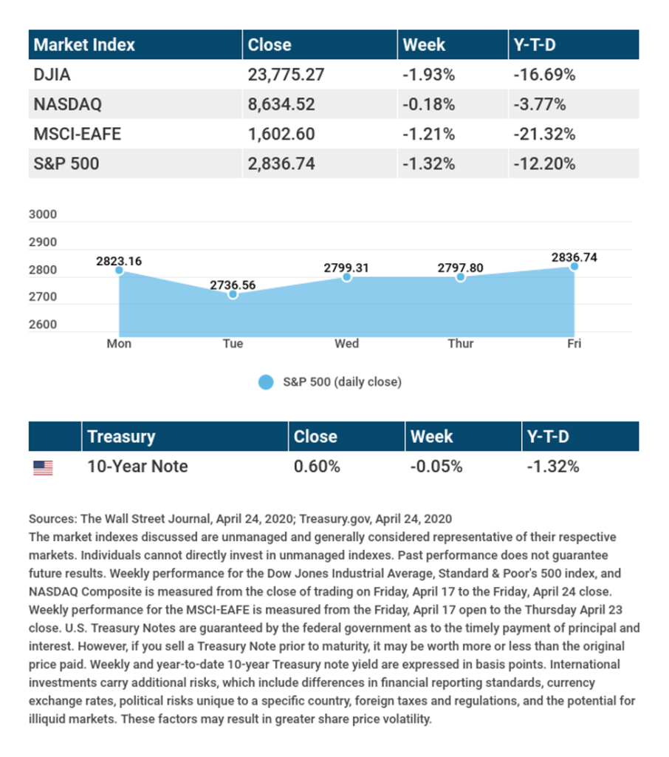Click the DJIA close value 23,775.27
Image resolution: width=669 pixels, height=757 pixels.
pos(286,75)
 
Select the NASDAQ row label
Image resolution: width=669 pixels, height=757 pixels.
pos(68,104)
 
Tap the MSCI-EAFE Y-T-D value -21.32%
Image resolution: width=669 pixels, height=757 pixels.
pos(543,134)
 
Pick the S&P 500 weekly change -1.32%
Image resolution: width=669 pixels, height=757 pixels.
pos(428,163)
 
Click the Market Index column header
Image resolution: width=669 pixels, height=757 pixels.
pos(85,45)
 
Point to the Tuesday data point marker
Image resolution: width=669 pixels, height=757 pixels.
pos(233,294)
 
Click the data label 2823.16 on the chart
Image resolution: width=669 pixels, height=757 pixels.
pos(118,260)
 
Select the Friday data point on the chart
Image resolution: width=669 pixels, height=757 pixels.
pos(574,266)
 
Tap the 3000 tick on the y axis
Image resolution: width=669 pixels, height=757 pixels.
pos(43,215)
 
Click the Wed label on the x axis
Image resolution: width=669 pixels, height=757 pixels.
pos(346,344)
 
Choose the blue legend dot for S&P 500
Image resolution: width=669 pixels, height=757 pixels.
pos(266,382)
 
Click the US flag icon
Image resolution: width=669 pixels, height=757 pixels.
pos(43,467)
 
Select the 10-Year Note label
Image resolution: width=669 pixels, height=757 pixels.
pos(137,466)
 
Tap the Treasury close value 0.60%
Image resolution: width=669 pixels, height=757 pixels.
pos(317,466)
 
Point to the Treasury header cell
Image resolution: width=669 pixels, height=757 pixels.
pos(122,436)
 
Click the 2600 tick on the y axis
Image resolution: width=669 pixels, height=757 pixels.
pos(43,325)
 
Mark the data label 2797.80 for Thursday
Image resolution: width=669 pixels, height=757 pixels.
pos(460,268)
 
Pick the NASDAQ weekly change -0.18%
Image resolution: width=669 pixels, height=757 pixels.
pos(428,104)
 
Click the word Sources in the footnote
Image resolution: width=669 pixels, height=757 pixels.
pos(52,519)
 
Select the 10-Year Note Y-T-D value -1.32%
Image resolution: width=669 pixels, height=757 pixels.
pos(552,466)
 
